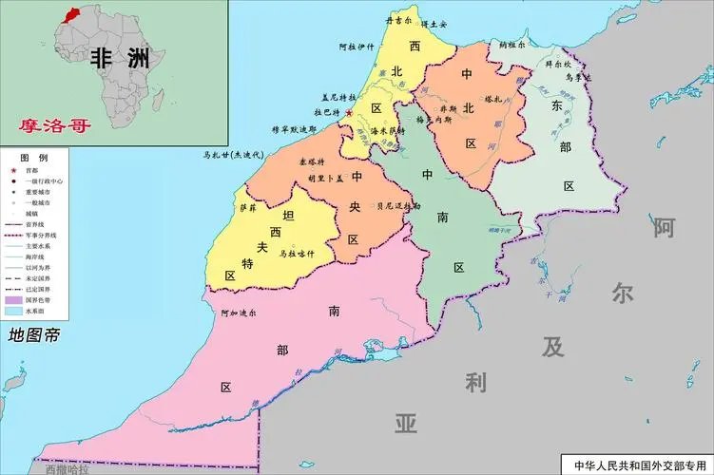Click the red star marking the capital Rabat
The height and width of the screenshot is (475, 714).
click(x=348, y=113)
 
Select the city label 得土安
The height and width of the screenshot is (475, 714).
click(x=434, y=23)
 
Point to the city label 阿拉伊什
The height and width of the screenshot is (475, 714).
click(x=358, y=47)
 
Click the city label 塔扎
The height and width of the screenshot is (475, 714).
click(x=492, y=98)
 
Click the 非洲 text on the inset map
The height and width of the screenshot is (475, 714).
click(x=119, y=58)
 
